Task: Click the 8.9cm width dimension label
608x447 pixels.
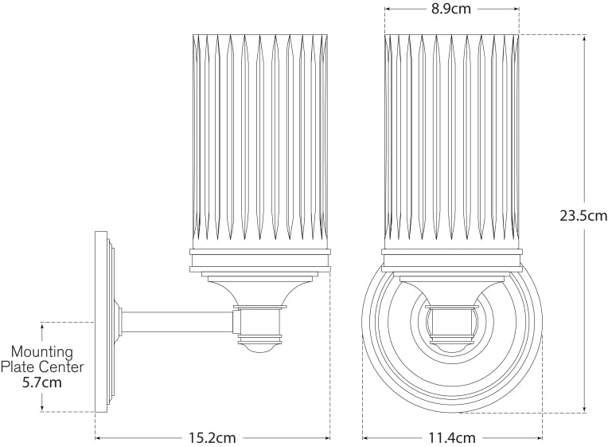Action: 451,10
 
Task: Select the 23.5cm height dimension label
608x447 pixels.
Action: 583,216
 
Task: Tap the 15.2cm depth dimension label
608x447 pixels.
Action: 212,437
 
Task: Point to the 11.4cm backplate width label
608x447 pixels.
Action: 451,437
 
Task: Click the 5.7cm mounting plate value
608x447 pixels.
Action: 41,382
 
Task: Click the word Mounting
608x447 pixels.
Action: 41,351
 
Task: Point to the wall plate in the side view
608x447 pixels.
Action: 101,322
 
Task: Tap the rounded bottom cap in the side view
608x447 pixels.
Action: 260,345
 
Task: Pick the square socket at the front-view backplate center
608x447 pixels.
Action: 451,322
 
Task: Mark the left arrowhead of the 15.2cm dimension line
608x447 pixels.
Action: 98,437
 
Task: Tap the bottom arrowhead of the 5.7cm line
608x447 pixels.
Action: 41,410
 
